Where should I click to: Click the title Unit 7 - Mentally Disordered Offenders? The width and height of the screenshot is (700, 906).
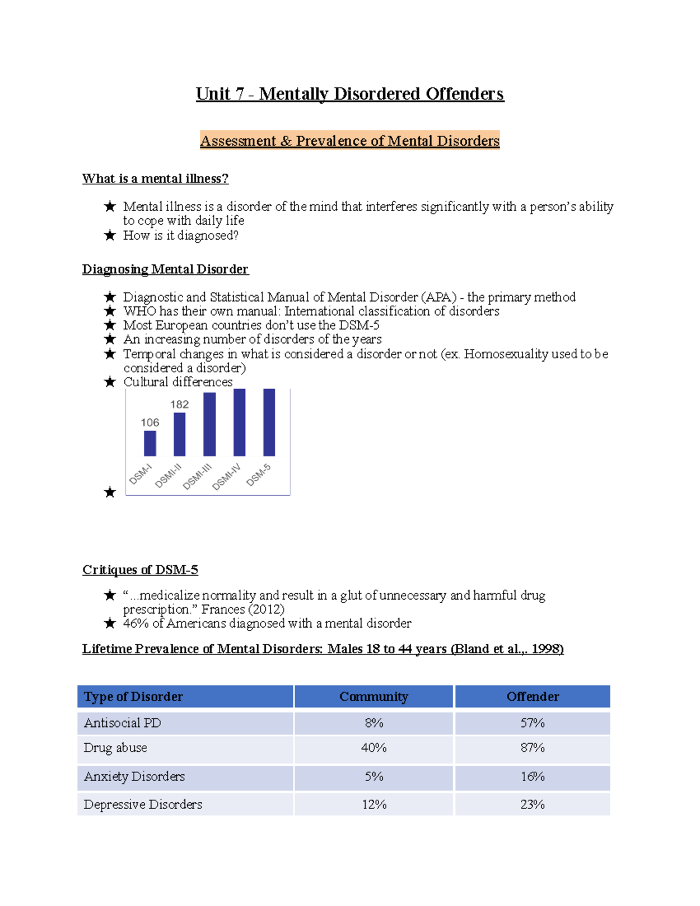[x=349, y=94]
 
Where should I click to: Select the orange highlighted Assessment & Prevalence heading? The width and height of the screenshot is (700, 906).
[x=349, y=141]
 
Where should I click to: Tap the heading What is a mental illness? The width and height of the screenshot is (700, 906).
[x=155, y=179]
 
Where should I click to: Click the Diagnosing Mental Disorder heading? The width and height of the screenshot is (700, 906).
[x=165, y=269]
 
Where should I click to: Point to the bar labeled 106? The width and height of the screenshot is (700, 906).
[x=150, y=443]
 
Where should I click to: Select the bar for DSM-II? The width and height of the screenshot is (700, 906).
[x=180, y=434]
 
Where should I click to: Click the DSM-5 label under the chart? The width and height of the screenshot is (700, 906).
[x=258, y=474]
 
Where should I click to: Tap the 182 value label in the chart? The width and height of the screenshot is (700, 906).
[x=180, y=404]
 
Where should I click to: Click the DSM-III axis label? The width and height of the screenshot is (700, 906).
[x=197, y=477]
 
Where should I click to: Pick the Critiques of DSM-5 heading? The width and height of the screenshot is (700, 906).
[x=140, y=569]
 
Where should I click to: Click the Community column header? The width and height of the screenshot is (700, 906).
[x=374, y=697]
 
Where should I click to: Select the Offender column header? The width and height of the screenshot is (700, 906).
[x=533, y=697]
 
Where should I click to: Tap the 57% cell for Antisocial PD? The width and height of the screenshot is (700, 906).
[x=533, y=723]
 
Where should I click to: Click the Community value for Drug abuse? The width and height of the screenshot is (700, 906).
[x=374, y=748]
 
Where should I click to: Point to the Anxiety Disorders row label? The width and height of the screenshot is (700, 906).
[x=134, y=776]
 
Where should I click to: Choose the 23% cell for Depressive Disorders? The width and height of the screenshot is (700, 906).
[x=533, y=804]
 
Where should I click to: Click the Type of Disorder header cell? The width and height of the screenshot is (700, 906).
[x=133, y=697]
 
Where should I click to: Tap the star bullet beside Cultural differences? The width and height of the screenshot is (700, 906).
[x=110, y=382]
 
